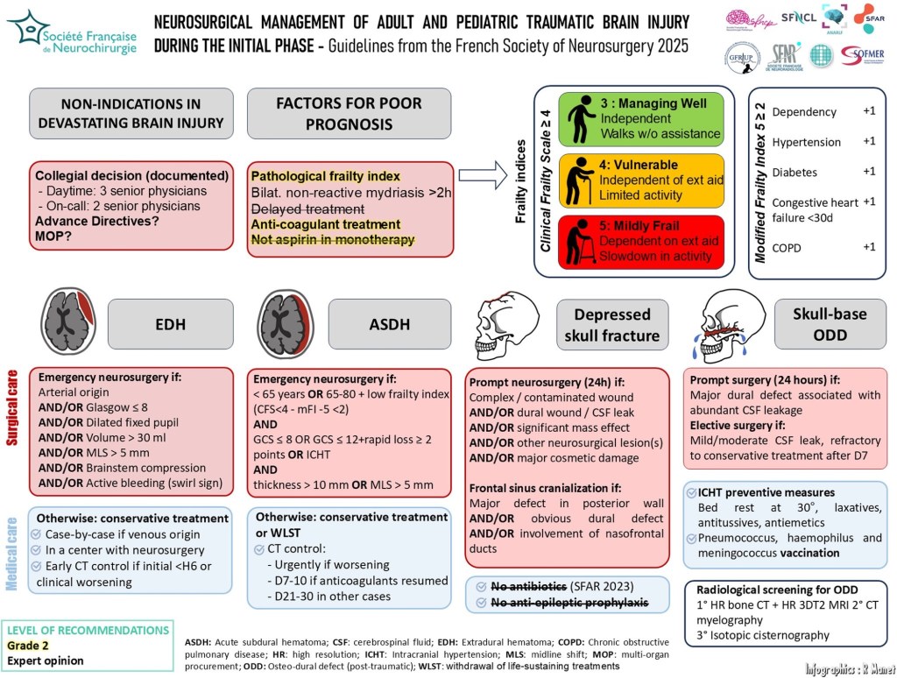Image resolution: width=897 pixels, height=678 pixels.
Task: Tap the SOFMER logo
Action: [862, 56]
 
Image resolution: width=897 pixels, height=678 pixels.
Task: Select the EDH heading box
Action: [170, 323]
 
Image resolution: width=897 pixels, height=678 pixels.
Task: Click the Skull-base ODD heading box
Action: [829, 323]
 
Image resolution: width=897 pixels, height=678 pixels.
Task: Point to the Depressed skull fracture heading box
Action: [612, 323]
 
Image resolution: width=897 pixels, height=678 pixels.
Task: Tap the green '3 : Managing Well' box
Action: [641, 118]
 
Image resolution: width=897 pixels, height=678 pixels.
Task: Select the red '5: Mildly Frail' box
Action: [641, 242]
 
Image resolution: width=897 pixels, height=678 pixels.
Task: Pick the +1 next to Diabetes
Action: [868, 172]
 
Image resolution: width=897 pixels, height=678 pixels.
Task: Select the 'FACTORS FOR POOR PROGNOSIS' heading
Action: [349, 114]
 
